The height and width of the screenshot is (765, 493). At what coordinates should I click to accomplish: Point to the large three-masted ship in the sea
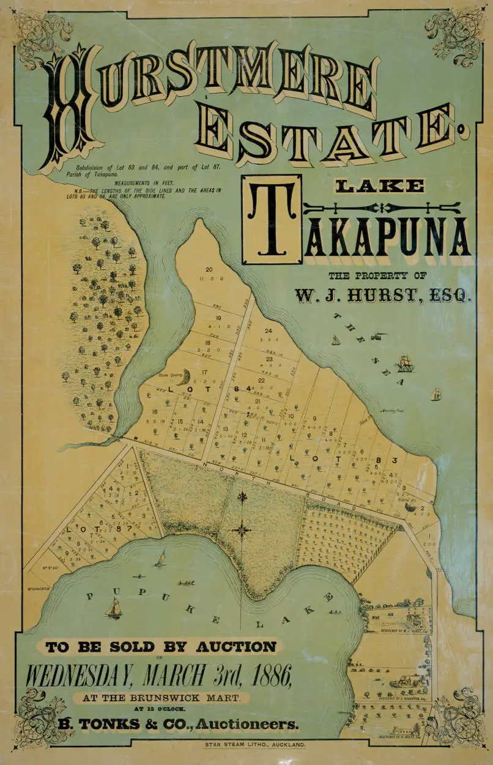(x=404, y=364)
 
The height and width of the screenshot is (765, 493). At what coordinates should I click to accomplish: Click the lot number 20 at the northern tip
(x=209, y=270)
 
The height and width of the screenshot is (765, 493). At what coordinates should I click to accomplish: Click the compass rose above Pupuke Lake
(x=242, y=528)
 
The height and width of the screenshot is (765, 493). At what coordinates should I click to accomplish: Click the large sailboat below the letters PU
(x=113, y=608)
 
